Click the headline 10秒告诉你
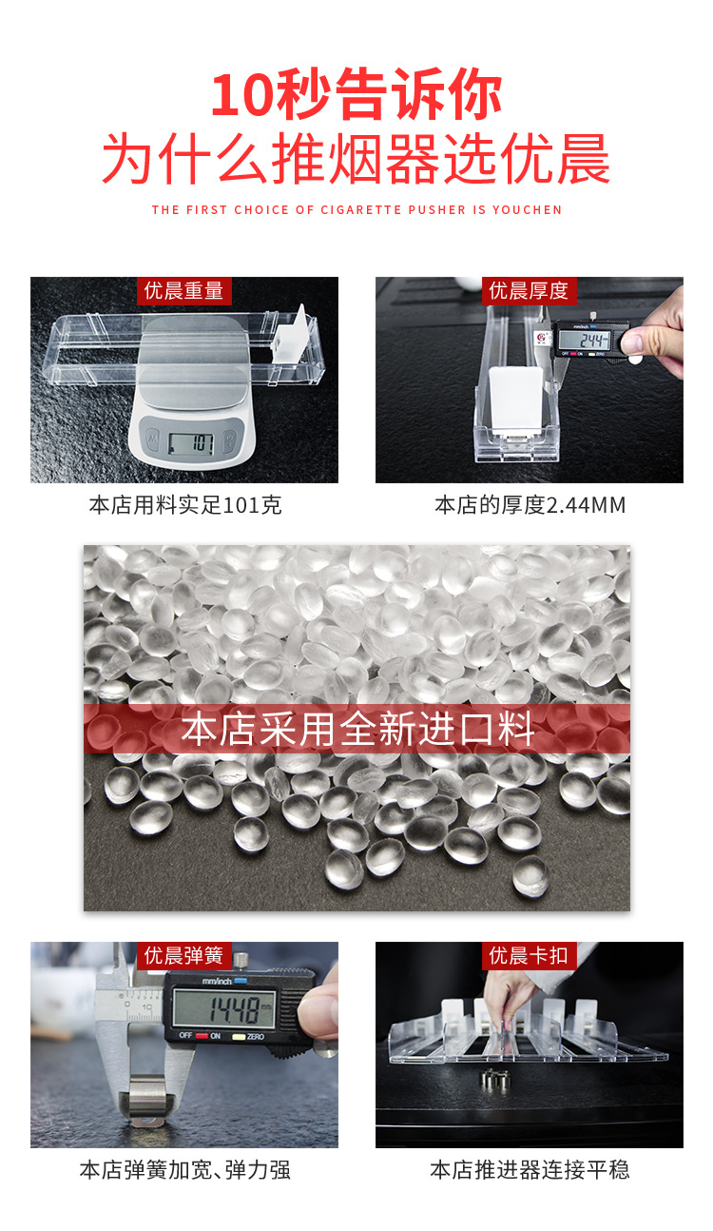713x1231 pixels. coord(356,95)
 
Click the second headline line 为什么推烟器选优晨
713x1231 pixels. coord(356,159)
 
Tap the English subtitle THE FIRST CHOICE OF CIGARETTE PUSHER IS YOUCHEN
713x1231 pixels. coord(356,209)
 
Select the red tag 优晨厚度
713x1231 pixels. coord(529,291)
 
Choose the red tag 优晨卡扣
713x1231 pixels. coord(529,955)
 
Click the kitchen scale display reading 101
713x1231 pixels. coord(191,442)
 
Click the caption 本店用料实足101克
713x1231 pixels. coord(184,505)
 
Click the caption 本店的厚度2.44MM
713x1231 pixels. coord(530,505)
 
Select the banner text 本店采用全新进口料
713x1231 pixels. coord(356,730)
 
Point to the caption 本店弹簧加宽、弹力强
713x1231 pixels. coord(184,1169)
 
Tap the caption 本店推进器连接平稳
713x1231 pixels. coord(530,1169)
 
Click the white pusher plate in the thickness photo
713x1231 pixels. coord(516,400)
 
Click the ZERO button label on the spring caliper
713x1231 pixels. coord(255,1036)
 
